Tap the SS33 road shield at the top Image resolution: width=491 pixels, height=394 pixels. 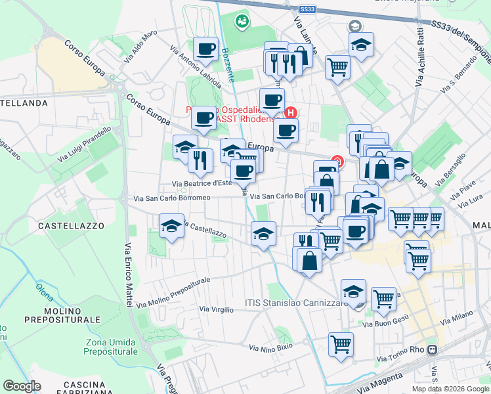[307, 9]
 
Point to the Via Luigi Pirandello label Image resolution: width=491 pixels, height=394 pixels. [85, 146]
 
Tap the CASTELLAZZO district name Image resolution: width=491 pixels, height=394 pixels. [71, 225]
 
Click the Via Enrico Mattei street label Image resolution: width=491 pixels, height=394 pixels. [125, 274]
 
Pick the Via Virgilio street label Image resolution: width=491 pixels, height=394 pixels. [216, 309]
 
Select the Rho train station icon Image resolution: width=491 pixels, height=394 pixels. [433, 350]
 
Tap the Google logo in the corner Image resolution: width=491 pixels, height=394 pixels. [22, 385]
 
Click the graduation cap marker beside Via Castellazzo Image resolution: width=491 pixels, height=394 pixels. [171, 227]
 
